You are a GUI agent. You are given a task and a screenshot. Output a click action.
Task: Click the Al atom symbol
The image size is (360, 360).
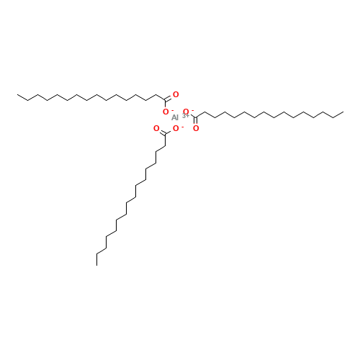pos(175,117)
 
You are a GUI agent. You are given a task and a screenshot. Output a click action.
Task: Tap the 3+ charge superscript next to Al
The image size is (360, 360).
pos(186,116)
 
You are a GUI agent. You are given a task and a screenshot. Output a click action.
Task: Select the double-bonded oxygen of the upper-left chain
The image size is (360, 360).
pos(176,94)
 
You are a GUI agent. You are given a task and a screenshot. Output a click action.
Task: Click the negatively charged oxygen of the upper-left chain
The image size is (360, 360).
pos(166,112)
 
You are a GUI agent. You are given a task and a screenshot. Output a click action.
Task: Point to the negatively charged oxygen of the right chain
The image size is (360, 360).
pos(186,112)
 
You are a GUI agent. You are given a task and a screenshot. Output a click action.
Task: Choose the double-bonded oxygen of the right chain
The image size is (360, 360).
pos(196,129)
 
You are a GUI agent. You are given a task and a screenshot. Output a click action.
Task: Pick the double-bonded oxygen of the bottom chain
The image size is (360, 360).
pos(156,129)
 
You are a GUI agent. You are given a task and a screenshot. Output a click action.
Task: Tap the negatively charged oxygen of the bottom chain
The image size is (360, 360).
pos(176,129)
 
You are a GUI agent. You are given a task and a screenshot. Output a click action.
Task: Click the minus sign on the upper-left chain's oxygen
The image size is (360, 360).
pos(172,109)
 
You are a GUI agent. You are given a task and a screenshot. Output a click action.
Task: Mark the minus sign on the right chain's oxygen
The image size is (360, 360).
pos(192,109)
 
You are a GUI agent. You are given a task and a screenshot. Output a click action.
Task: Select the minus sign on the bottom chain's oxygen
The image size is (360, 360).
pos(183,127)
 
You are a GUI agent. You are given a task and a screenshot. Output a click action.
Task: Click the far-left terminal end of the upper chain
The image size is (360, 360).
pos(17,94)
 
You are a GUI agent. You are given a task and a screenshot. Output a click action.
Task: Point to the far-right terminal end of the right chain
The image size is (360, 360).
pos(343,112)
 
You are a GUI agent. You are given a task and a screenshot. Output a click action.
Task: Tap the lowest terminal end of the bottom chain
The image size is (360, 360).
pos(96,265)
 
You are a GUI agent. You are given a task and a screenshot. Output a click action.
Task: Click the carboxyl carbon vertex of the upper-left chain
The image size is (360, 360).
pos(166,100)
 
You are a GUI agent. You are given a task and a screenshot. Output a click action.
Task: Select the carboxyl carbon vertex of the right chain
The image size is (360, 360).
pos(196,117)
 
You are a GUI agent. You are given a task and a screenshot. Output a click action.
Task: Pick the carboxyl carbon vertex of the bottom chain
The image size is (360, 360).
pos(166,134)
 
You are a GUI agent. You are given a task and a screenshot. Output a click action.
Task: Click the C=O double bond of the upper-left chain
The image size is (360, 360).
pos(169,98)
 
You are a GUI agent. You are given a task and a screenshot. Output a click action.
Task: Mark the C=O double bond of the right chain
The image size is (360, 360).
pos(196,122)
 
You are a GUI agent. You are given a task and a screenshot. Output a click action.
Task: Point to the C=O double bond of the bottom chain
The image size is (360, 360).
pos(162,132)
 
